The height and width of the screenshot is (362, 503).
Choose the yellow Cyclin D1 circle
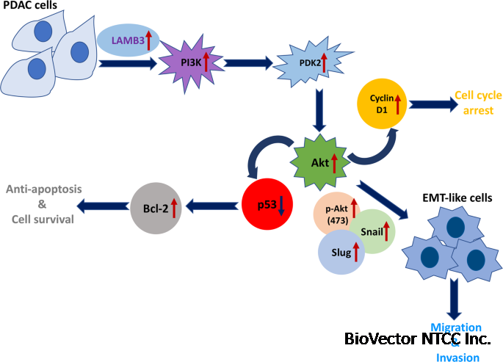(x=382, y=104)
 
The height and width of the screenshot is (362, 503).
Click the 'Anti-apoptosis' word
(x=44, y=190)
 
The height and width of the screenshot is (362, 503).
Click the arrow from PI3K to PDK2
(x=247, y=64)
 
